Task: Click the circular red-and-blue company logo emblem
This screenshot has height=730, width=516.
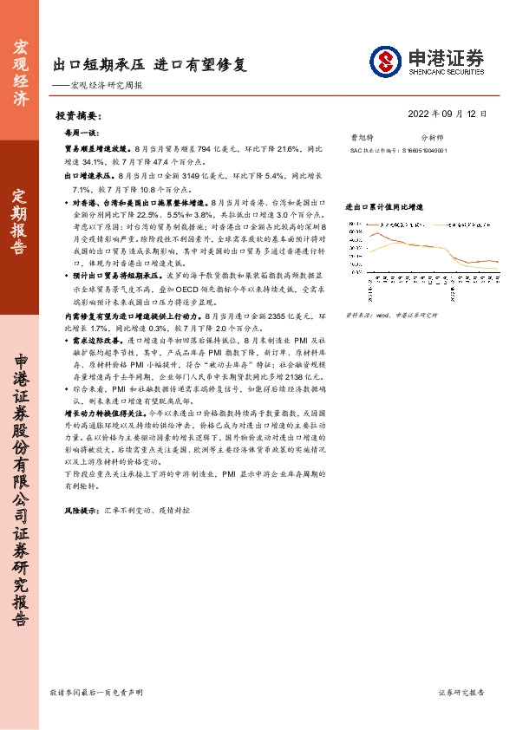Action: click(x=385, y=61)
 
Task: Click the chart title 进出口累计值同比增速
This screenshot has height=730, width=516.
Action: click(x=384, y=208)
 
